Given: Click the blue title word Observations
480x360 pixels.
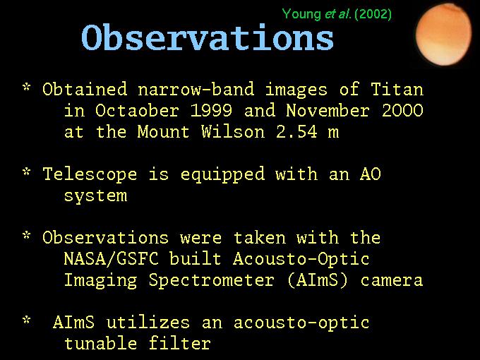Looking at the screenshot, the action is [x=208, y=37].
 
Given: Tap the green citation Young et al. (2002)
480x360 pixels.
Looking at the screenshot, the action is [x=337, y=14].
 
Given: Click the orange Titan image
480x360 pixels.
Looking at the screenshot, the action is [x=443, y=35].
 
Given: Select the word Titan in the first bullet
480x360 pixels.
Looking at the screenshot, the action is [x=397, y=89].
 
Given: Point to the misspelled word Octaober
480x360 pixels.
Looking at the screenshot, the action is [x=137, y=110].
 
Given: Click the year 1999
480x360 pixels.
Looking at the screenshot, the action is [x=211, y=110].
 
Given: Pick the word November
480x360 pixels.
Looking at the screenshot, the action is [x=328, y=110].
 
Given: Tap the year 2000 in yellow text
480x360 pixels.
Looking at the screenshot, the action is [x=402, y=110].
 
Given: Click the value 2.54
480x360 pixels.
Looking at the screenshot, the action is [x=296, y=131].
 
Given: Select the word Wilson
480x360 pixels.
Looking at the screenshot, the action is [x=233, y=131].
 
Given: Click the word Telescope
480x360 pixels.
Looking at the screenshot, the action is [x=90, y=174].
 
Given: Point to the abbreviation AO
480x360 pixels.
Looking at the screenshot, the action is [x=371, y=174].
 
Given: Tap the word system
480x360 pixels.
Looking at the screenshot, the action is [x=95, y=196].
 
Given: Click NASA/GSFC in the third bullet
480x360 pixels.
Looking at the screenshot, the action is [x=111, y=259].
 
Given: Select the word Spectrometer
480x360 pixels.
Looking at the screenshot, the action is [x=211, y=281].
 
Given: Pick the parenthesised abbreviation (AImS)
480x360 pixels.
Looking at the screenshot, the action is [x=318, y=280].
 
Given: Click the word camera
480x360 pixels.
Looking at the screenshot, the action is [x=392, y=281].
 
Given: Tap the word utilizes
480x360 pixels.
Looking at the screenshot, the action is [x=148, y=323].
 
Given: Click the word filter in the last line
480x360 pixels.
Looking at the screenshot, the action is [x=180, y=344].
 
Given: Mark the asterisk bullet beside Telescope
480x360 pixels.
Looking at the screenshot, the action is [x=27, y=172].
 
